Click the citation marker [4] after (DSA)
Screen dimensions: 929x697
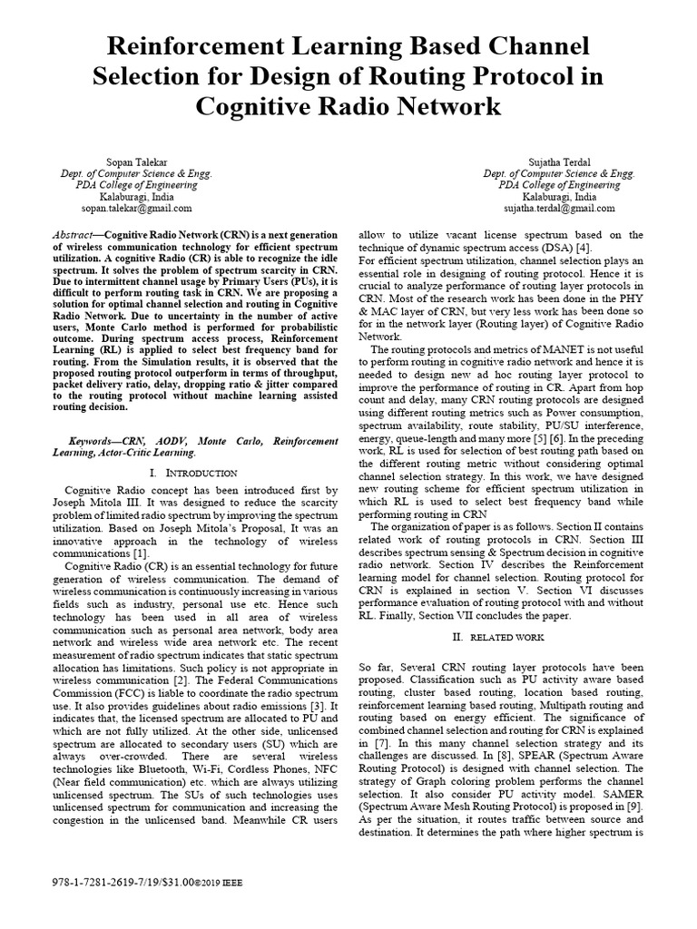click(584, 247)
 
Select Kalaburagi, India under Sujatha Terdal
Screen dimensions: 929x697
click(559, 196)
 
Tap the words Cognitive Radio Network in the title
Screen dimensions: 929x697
click(348, 106)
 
